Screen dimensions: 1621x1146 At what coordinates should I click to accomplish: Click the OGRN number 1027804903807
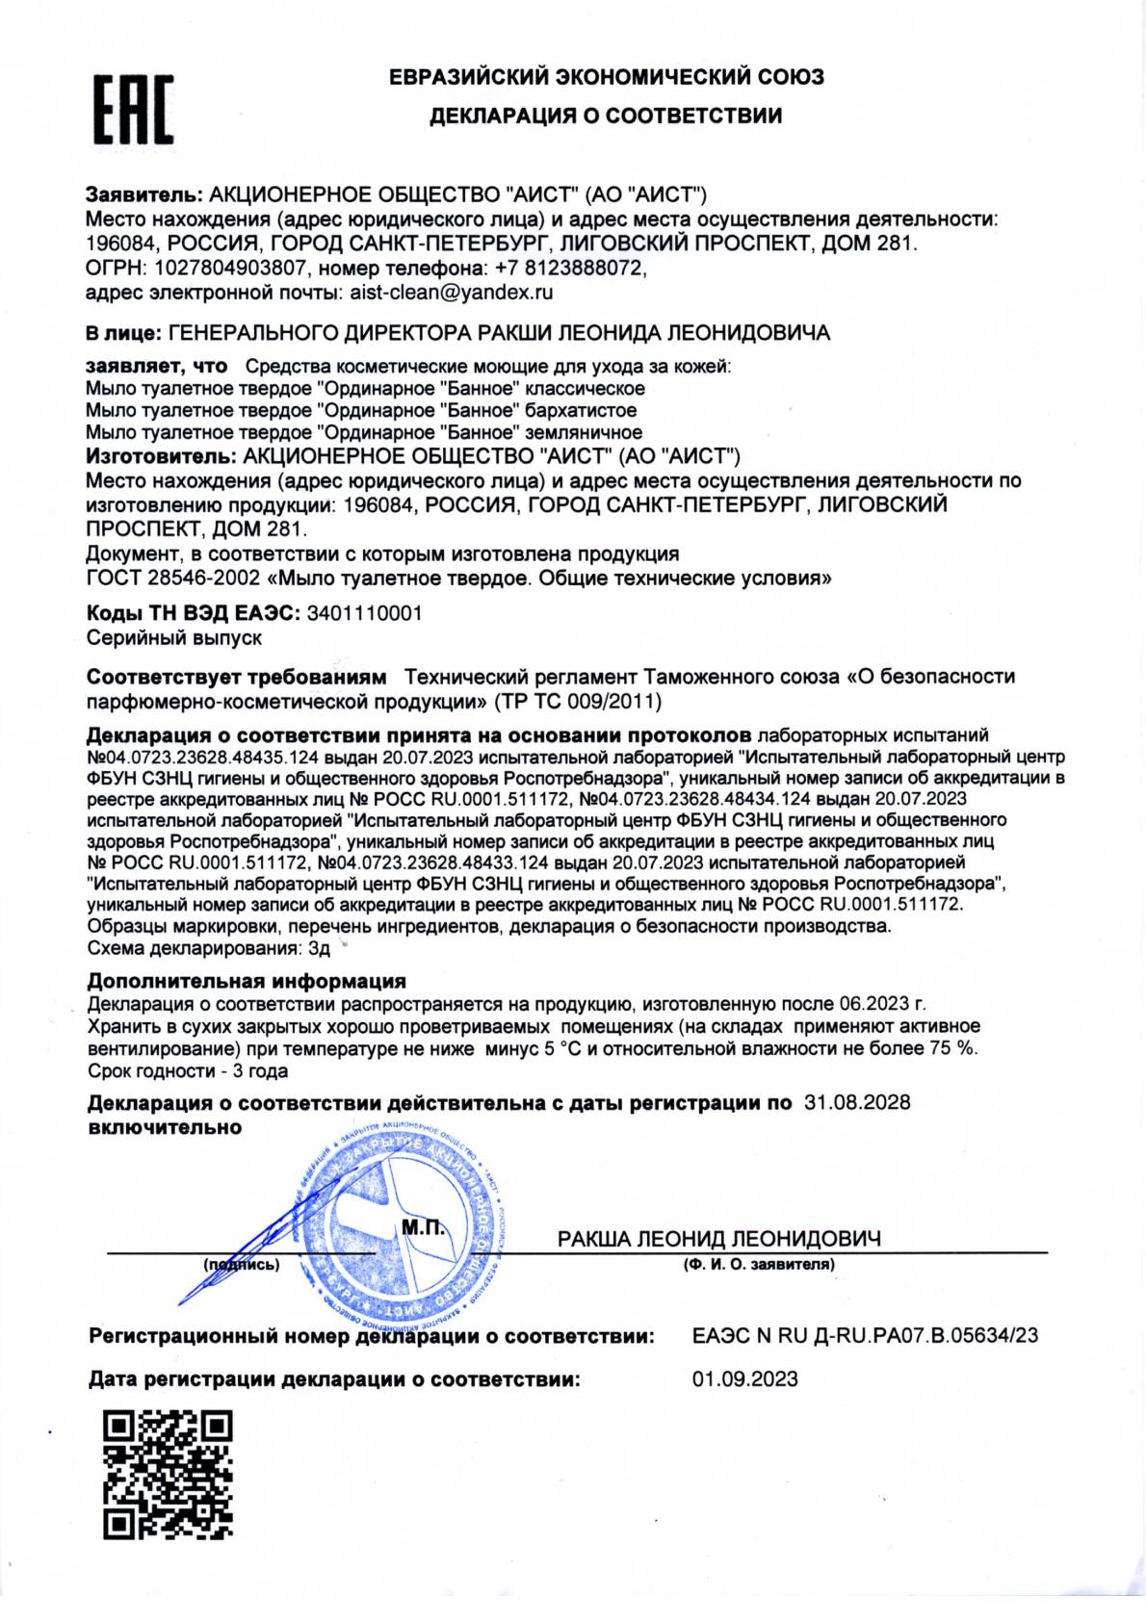(x=227, y=268)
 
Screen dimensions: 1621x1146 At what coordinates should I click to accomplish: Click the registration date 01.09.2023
(x=744, y=1378)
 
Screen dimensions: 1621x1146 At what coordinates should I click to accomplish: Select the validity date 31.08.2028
(x=856, y=1102)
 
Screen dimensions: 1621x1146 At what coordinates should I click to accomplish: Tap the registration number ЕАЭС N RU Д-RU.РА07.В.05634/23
(x=865, y=1335)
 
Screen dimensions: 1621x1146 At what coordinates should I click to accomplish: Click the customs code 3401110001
(x=363, y=613)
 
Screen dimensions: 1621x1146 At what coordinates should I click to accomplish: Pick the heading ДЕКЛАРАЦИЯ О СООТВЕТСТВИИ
(x=605, y=116)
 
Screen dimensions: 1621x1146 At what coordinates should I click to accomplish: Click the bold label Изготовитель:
(x=161, y=455)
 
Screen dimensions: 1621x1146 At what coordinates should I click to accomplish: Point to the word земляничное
(x=584, y=432)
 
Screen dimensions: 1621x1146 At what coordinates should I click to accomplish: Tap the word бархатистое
(x=582, y=410)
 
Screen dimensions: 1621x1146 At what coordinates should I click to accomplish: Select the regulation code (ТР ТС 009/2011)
(x=577, y=700)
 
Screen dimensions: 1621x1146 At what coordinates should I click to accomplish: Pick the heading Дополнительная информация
(x=247, y=981)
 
